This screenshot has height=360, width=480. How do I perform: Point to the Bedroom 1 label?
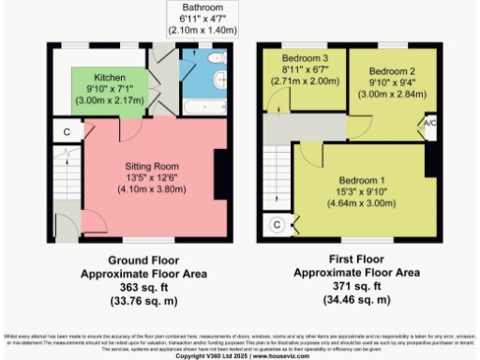click(x=361, y=179)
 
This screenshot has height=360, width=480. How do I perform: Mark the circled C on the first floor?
click(x=277, y=224)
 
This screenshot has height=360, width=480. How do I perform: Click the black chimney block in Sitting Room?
click(x=221, y=175)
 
